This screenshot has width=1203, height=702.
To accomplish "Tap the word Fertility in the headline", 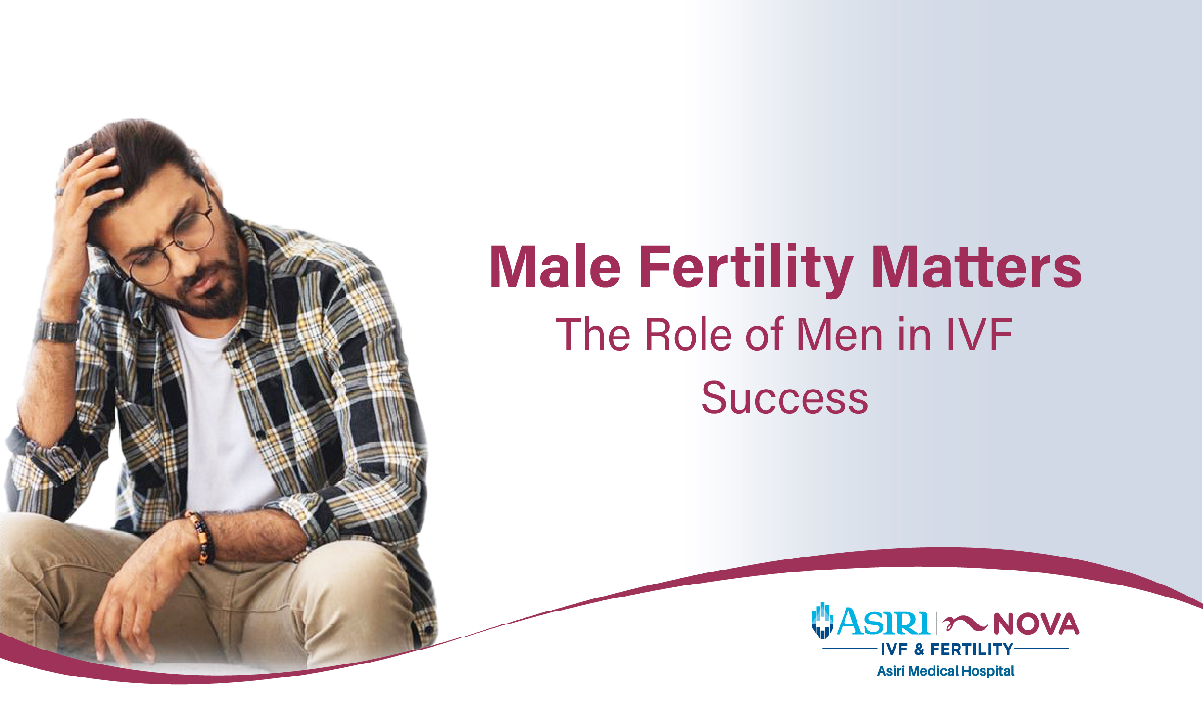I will pos(745,268).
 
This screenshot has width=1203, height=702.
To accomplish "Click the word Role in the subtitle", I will pos(689,334).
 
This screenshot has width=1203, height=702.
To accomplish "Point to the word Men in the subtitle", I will pos(840,334).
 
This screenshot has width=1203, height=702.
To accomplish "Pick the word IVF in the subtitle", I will pos(979,334).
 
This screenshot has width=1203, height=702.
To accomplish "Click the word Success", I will pos(785,398).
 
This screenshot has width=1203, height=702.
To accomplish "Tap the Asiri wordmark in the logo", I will pos(884,623).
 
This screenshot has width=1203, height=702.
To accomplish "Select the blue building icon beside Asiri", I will pos(822,621).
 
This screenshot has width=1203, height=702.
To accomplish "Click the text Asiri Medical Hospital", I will pos(946,671).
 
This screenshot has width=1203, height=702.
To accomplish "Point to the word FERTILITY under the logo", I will pos(972,650).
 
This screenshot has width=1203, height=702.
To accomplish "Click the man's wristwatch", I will pos(55,332).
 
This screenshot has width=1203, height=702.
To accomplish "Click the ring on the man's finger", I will pos(59,193).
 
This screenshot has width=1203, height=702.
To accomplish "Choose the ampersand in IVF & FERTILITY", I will pos(920,650).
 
